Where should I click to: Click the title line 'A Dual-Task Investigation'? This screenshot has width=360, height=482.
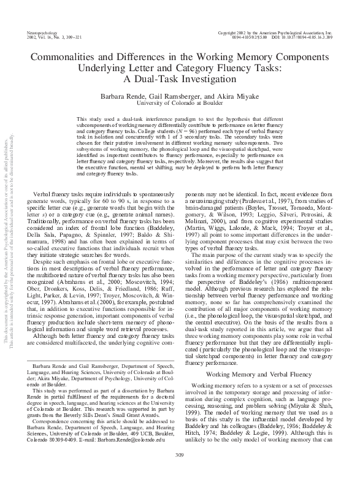[x=180, y=79]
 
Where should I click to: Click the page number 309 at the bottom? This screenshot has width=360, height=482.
[x=180, y=471]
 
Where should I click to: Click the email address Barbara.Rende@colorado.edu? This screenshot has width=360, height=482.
[x=142, y=439]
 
